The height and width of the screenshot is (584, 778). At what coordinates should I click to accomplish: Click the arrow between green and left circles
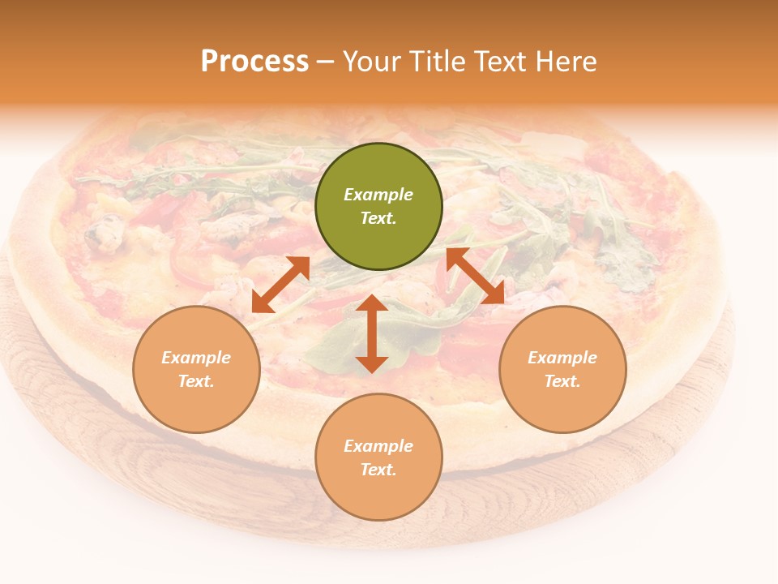(280, 284)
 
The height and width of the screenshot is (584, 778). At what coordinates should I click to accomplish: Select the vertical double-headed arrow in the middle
(372, 333)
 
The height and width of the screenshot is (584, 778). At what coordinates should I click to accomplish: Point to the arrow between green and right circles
(476, 276)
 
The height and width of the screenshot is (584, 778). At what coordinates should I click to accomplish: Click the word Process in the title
(254, 61)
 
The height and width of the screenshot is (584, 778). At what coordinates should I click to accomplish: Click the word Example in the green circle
(378, 195)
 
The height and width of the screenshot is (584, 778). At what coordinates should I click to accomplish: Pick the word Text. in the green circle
(378, 218)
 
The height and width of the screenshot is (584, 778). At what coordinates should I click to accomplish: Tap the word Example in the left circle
(196, 358)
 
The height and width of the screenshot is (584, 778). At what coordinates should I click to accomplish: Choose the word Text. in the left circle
(196, 381)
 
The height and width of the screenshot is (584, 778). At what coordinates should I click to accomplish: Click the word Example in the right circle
(562, 358)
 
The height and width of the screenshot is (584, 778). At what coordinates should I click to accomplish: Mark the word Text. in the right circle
(562, 381)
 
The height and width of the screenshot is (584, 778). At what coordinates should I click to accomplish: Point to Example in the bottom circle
(378, 446)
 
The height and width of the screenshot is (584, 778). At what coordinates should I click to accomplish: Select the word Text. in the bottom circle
(378, 470)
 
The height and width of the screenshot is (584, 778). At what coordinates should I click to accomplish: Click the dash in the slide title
(326, 62)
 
